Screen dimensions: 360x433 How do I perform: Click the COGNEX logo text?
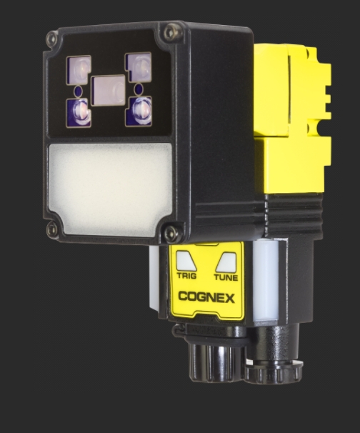pos(206,297)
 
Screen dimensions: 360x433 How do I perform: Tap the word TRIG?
pos(186,276)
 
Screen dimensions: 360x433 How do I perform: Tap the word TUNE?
pos(226,277)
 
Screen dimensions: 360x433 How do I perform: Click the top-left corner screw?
pos(52,39)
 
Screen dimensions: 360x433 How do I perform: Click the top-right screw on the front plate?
pos(172,31)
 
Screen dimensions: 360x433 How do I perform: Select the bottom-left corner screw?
pos(52,228)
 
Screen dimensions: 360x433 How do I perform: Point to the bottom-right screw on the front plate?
pos(171,232)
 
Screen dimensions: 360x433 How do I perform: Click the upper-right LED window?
pos(139,67)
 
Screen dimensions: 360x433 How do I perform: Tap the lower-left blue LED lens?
pos(79,113)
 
